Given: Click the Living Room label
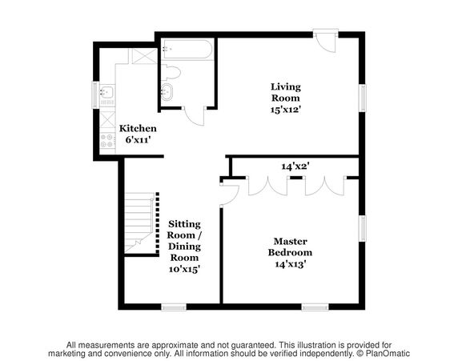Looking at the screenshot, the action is click(286, 98).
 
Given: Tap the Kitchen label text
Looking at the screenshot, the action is click(138, 129).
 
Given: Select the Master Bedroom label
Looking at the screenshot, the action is click(290, 247).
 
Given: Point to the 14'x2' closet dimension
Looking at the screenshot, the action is click(295, 166).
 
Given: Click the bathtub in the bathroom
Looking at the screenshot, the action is click(187, 50).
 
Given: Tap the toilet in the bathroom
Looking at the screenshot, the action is click(171, 73).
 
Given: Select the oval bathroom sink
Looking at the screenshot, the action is click(167, 92).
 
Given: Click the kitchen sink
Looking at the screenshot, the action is click(106, 92).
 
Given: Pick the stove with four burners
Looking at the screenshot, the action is click(107, 141).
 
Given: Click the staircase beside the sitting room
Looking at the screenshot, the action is click(139, 223).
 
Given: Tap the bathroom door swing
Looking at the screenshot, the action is click(194, 117).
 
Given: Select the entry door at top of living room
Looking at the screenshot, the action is click(326, 41).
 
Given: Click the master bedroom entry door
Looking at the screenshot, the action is click(230, 194).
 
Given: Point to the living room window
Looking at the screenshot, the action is click(362, 98).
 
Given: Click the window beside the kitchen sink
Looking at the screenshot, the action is click(95, 95).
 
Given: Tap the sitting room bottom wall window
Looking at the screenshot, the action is click(174, 307).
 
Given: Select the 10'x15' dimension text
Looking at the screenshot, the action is click(184, 269).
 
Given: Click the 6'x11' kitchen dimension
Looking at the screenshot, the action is click(138, 140).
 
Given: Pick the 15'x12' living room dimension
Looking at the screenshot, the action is click(286, 110).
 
